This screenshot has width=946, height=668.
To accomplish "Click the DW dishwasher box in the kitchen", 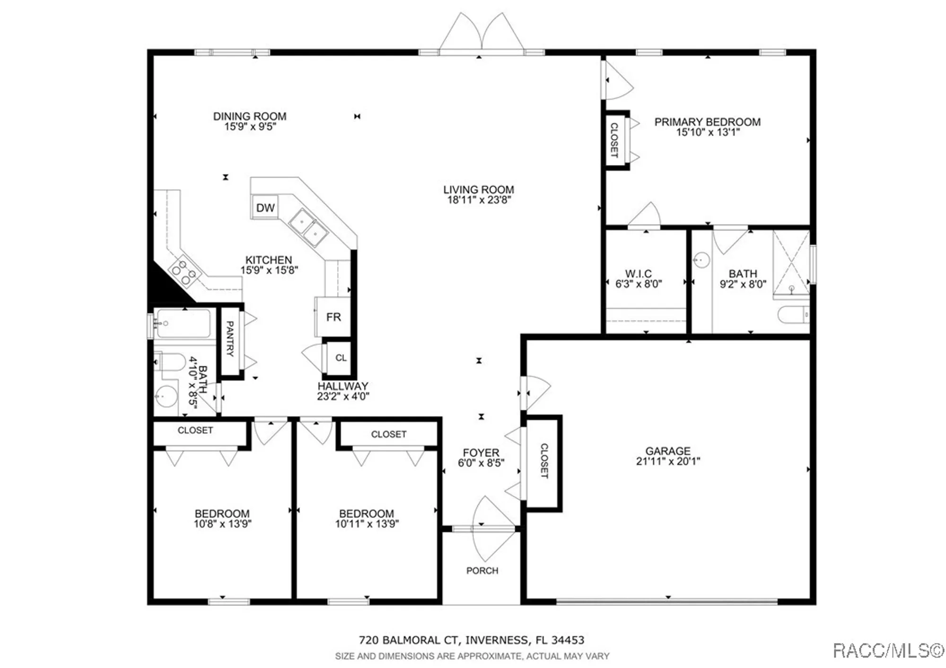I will [265, 207].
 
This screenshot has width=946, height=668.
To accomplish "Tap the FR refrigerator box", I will [333, 317].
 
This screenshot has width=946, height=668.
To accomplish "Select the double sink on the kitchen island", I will [309, 228].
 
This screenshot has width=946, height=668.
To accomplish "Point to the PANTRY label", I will [230, 339].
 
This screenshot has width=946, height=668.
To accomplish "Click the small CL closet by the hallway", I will [341, 358].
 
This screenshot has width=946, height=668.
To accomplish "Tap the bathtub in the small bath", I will [184, 323].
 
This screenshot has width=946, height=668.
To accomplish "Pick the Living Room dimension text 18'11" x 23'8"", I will [479, 200].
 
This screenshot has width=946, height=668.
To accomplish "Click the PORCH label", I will [482, 571].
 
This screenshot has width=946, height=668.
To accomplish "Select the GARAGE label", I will [668, 451].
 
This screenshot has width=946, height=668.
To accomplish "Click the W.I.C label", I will [638, 273].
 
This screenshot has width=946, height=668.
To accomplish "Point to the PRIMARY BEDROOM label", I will [707, 122].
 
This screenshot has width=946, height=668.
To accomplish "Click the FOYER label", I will [481, 453].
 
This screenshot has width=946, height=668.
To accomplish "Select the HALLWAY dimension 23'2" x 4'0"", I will [343, 396].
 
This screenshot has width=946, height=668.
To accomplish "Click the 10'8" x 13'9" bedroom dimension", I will [222, 524].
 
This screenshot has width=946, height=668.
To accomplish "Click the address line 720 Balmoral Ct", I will [471, 640].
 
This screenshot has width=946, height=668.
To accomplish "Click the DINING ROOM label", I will [250, 116].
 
